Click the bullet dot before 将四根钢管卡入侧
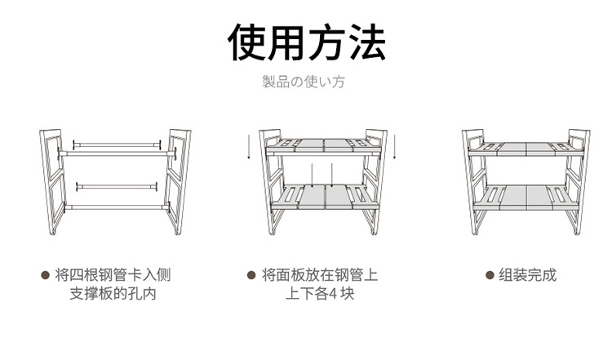(46, 275)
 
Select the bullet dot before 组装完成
(490, 275)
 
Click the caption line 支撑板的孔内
(113, 294)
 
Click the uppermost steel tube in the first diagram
(113, 143)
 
